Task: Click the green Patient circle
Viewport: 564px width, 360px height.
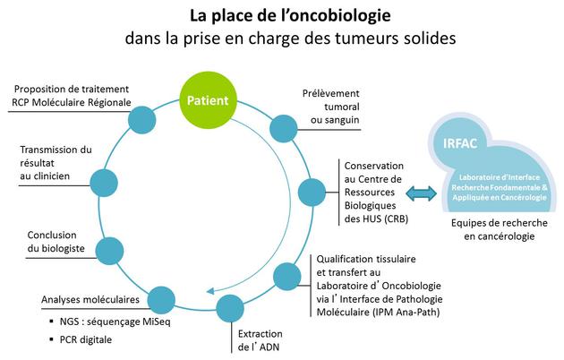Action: (x=208, y=100)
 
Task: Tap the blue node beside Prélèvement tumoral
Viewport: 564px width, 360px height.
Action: (x=284, y=128)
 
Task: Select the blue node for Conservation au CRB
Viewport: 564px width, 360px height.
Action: (x=312, y=192)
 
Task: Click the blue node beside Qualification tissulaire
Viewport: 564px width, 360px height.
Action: (x=287, y=277)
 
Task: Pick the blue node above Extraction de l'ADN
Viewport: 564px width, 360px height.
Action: (x=230, y=308)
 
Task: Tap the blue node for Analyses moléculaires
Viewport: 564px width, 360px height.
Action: (x=161, y=300)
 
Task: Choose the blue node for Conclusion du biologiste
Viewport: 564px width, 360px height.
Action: (x=109, y=251)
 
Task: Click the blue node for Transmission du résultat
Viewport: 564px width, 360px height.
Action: (x=104, y=183)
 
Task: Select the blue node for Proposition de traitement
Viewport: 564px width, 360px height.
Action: (x=141, y=120)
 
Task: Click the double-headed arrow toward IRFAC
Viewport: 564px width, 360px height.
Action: (x=421, y=193)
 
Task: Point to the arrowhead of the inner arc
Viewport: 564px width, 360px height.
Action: (x=210, y=290)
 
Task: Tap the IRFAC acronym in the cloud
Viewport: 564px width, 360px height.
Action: (x=460, y=143)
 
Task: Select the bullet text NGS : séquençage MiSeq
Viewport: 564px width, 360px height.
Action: (x=115, y=321)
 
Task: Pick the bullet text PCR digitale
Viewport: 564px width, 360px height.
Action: (x=86, y=339)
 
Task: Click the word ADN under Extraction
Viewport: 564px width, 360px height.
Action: (x=269, y=347)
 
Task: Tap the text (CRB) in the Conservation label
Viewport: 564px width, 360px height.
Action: (x=396, y=219)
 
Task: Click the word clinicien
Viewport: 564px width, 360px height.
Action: (x=50, y=176)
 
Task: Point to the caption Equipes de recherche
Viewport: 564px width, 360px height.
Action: (x=500, y=223)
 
